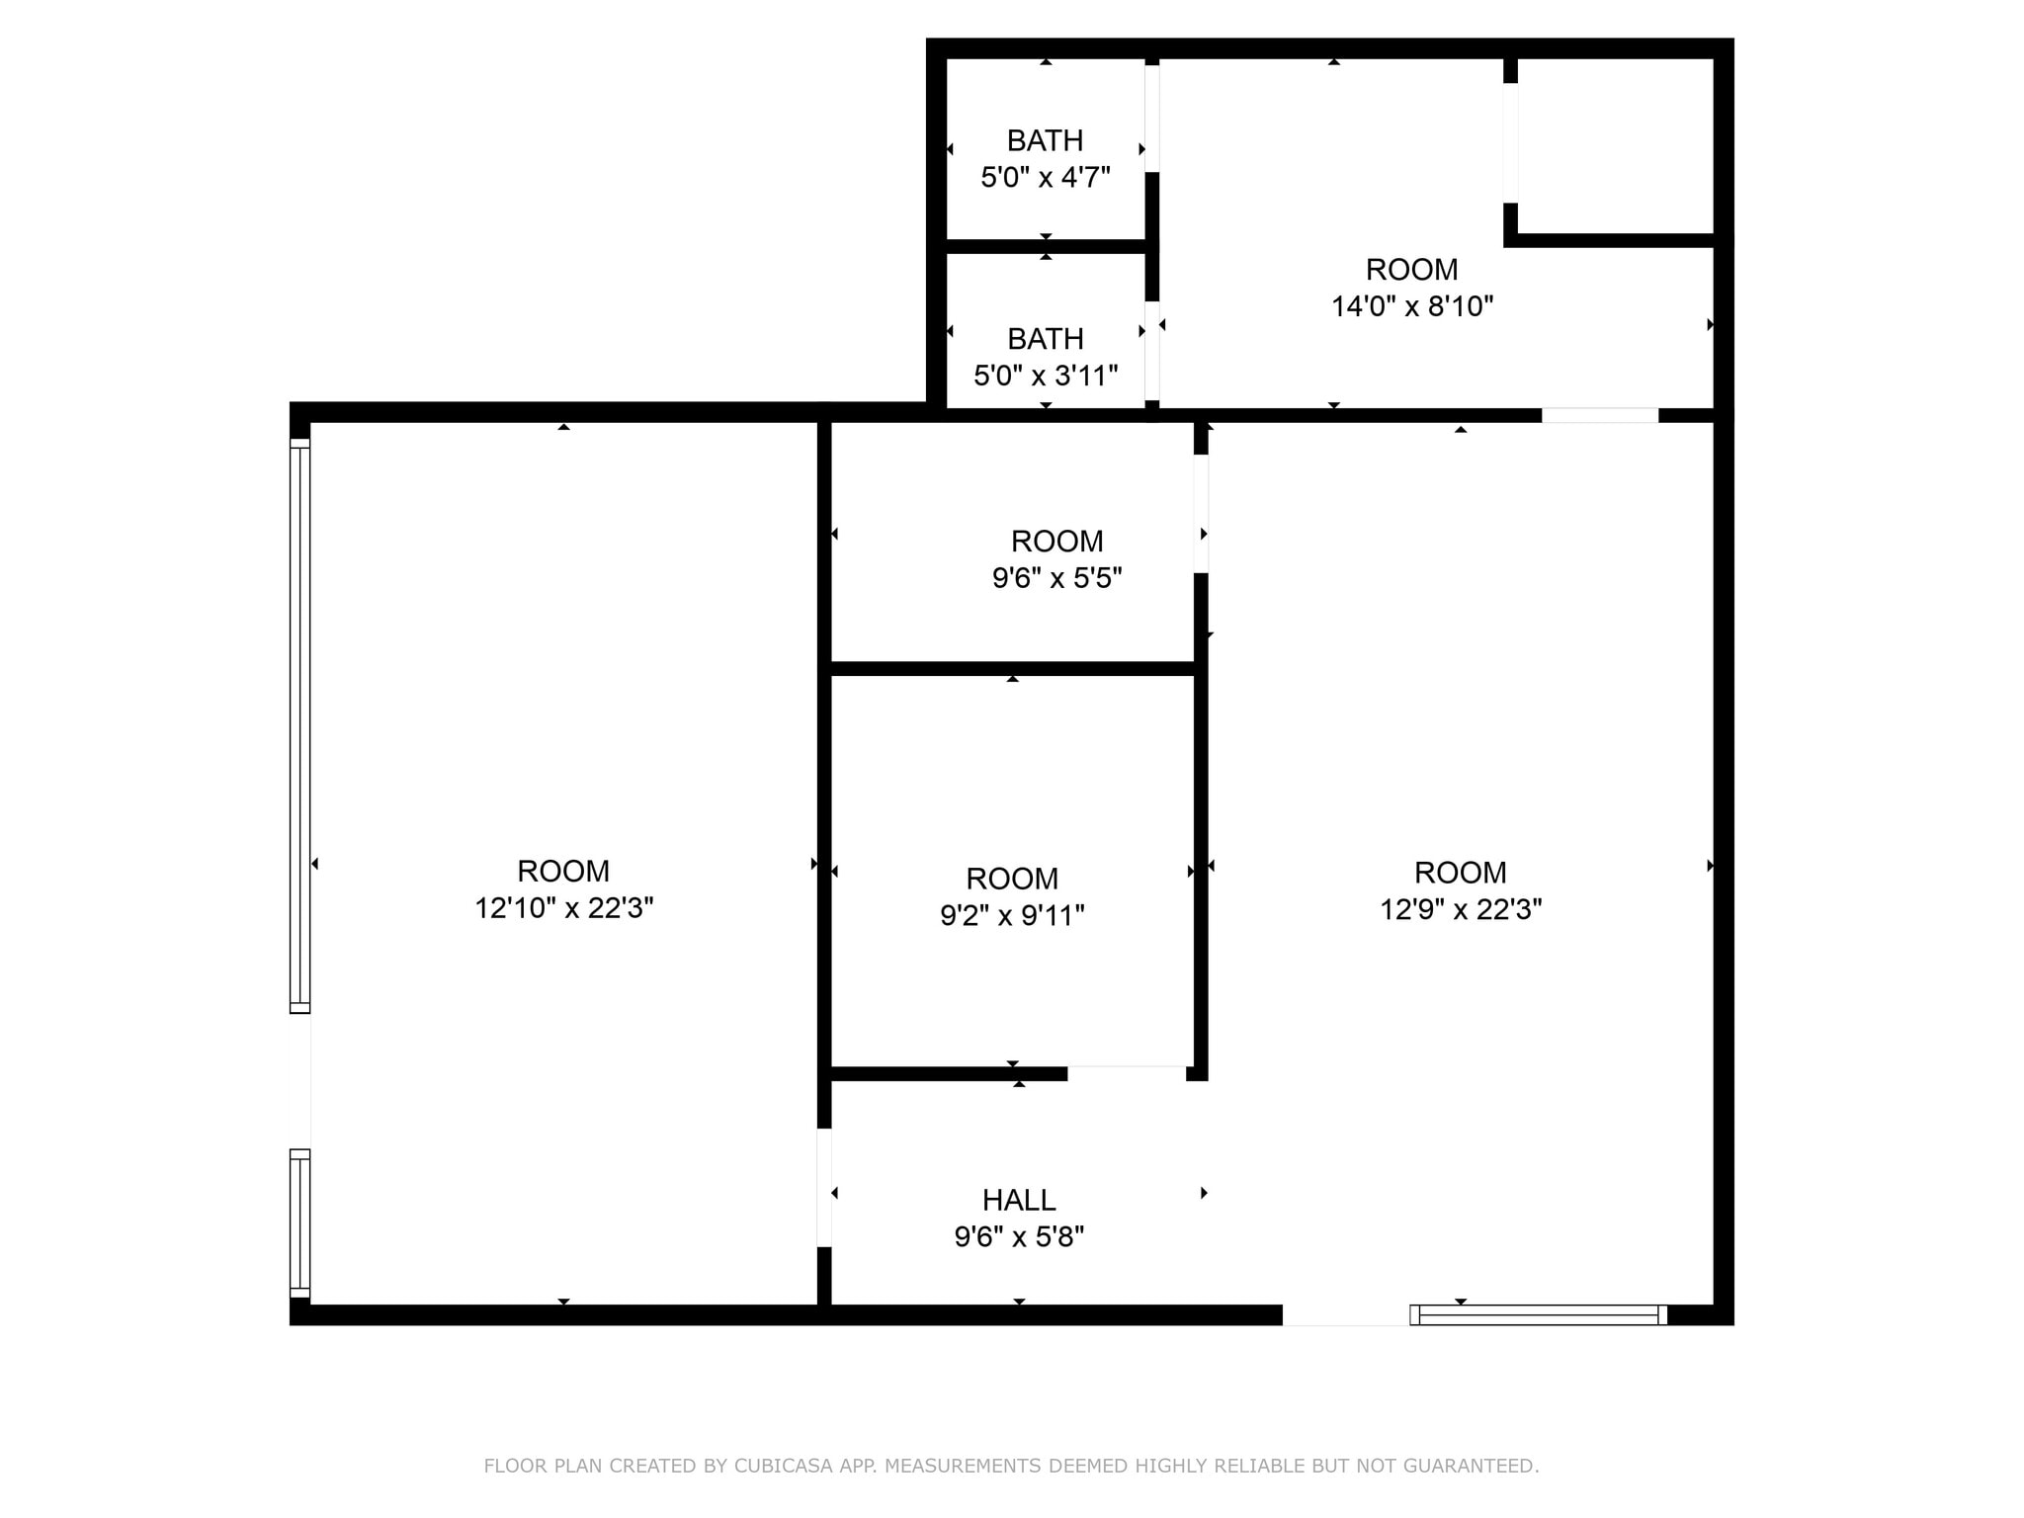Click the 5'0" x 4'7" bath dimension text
pyautogui.click(x=1045, y=178)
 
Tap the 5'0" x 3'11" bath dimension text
pyautogui.click(x=1045, y=377)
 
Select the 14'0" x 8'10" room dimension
pyautogui.click(x=1411, y=306)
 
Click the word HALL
pyautogui.click(x=1019, y=1200)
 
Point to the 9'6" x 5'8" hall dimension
pyautogui.click(x=1019, y=1236)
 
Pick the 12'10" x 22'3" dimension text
pyautogui.click(x=563, y=908)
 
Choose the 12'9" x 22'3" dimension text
pyautogui.click(x=1460, y=909)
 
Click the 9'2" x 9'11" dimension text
pyautogui.click(x=1012, y=916)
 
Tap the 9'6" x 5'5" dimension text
pyautogui.click(x=1056, y=578)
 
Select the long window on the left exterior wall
pyautogui.click(x=299, y=726)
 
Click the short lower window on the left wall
pyautogui.click(x=299, y=1223)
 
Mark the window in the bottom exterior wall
pyautogui.click(x=1538, y=1314)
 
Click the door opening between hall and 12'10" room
pyautogui.click(x=824, y=1187)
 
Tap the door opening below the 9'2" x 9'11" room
pyautogui.click(x=1127, y=1072)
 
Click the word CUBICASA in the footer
pyautogui.click(x=783, y=1466)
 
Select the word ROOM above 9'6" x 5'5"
pyautogui.click(x=1056, y=542)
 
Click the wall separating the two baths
pyautogui.click(x=1045, y=246)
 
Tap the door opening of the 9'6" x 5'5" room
pyautogui.click(x=1201, y=513)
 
